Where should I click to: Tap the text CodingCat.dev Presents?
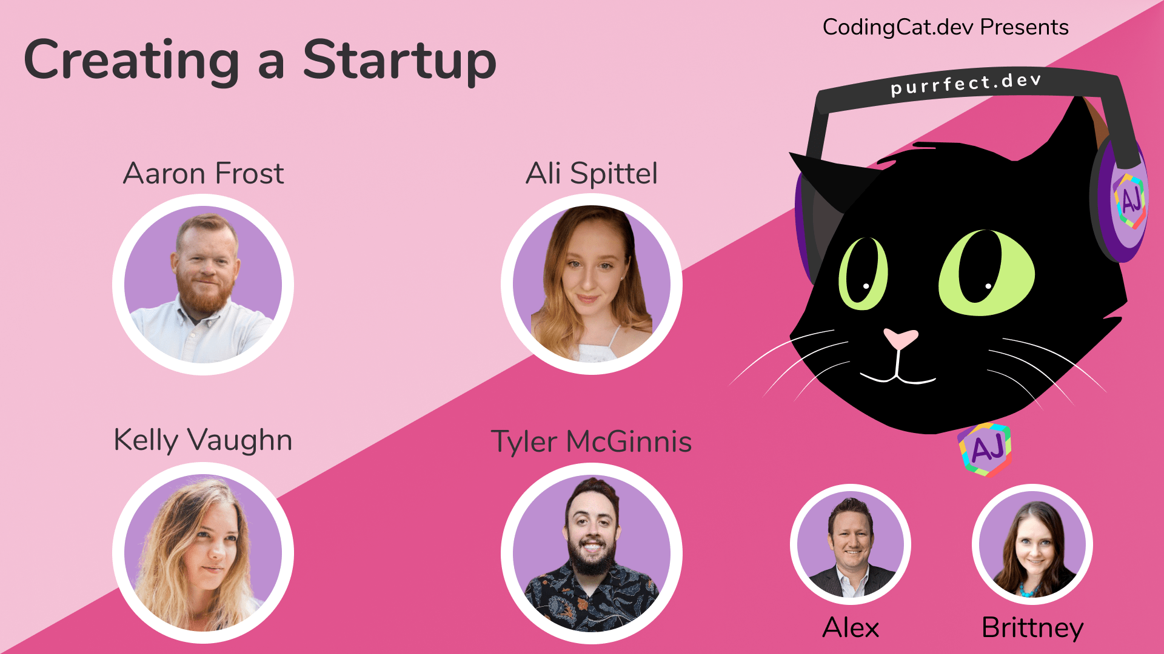pyautogui.click(x=945, y=28)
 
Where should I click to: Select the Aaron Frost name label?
pyautogui.click(x=203, y=174)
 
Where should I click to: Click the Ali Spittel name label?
pyautogui.click(x=591, y=174)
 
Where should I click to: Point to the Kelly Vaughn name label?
pyautogui.click(x=203, y=441)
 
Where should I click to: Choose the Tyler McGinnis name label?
pyautogui.click(x=591, y=442)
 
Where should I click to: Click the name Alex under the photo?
pyautogui.click(x=851, y=627)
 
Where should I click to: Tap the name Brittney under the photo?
pyautogui.click(x=1032, y=629)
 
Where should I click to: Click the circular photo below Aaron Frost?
pyautogui.click(x=203, y=285)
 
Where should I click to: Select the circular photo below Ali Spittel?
pyautogui.click(x=592, y=284)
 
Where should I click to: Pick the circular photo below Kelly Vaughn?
pyautogui.click(x=203, y=553)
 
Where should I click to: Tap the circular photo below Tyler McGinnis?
pyautogui.click(x=592, y=553)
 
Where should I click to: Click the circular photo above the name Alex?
pyautogui.click(x=851, y=544)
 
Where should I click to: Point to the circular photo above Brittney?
pyautogui.click(x=1032, y=544)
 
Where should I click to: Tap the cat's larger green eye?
pyautogui.click(x=986, y=272)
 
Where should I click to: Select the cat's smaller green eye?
pyautogui.click(x=863, y=273)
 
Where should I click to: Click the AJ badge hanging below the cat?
pyautogui.click(x=985, y=449)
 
